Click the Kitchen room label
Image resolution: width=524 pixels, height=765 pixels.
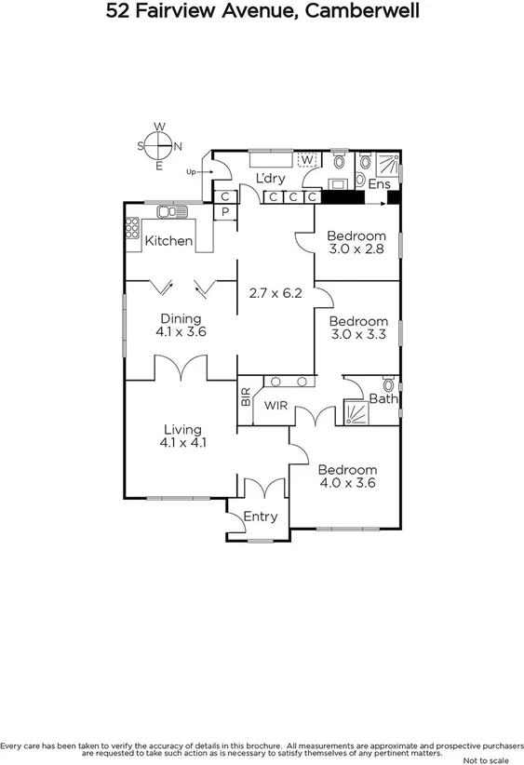click(168, 241)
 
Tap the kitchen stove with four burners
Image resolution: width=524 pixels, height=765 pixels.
click(132, 226)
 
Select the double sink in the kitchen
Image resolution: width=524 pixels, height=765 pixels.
click(169, 212)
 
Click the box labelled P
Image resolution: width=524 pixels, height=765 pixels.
click(224, 212)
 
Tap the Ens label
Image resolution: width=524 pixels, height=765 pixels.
click(378, 184)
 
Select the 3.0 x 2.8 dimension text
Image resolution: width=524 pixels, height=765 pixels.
click(356, 249)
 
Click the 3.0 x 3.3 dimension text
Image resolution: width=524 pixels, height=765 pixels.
click(356, 335)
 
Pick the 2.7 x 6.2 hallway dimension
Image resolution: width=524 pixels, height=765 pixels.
click(275, 292)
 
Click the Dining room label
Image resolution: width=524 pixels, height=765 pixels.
click(181, 318)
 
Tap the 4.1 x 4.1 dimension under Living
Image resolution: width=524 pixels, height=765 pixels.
click(182, 443)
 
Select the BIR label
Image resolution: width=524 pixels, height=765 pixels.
click(246, 398)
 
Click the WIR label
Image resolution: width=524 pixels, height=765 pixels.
click(275, 406)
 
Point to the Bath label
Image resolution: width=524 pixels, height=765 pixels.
click(383, 399)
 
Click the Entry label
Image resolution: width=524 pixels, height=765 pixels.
click(261, 517)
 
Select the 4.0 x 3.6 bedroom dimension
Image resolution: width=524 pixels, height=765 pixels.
click(347, 483)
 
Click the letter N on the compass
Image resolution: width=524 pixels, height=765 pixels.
click(177, 145)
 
